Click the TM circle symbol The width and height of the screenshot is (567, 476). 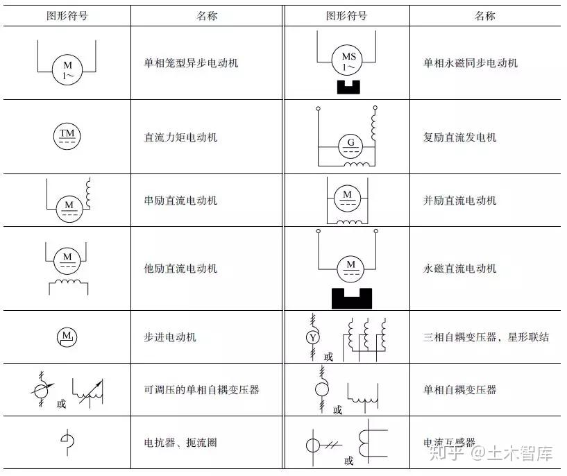67,137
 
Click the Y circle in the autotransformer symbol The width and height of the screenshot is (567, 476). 313,337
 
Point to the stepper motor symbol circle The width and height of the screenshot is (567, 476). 67,337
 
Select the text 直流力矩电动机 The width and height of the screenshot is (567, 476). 180,137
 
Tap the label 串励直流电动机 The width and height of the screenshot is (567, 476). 180,201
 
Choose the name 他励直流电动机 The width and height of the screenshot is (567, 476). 180,269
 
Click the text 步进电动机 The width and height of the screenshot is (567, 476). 170,337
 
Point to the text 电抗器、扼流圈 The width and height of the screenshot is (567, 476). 180,442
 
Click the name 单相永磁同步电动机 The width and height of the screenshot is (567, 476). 471,63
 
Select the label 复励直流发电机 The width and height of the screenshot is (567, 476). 460,137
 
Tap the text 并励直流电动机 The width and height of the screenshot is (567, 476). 460,201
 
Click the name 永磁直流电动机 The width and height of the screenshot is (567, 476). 460,269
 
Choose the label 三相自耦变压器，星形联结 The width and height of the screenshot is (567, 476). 486,337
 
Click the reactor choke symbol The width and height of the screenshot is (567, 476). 67,442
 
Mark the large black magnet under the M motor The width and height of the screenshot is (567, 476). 350,298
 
